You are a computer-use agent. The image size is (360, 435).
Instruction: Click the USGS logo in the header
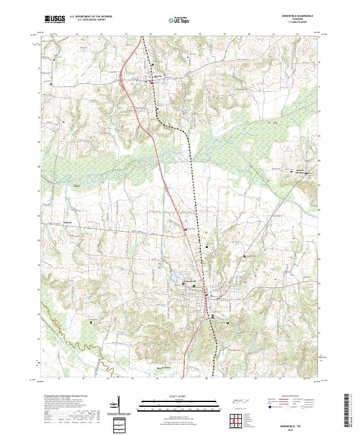[x=55, y=19]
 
